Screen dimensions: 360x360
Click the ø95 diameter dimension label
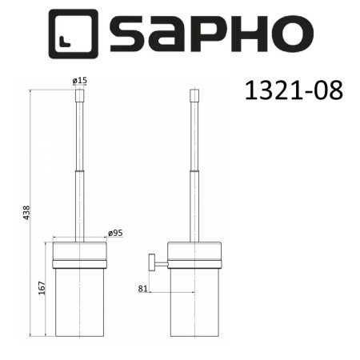[x=116, y=234]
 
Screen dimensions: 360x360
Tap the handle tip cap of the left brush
[x=78, y=98]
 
